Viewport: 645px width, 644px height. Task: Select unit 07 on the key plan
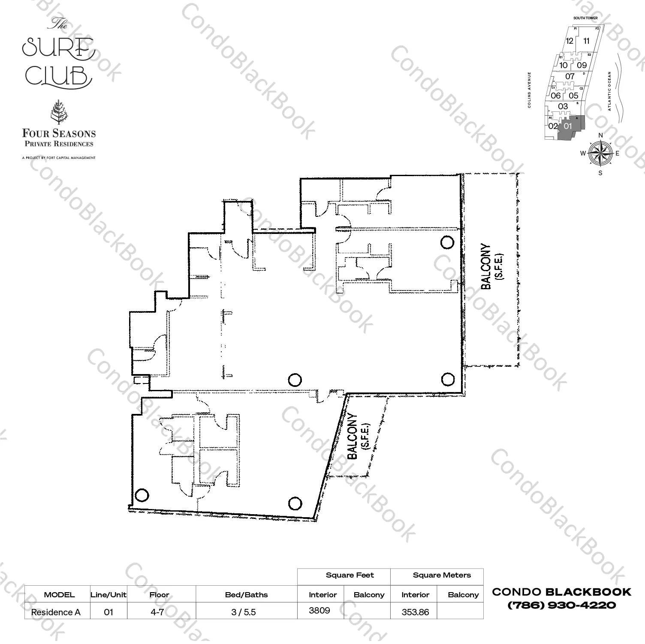(570, 77)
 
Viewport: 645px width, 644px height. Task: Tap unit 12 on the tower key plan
(569, 41)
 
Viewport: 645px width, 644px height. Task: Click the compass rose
(600, 153)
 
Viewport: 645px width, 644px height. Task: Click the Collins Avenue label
(530, 90)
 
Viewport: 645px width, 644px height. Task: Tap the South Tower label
(585, 18)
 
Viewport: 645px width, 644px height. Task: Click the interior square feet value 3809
(319, 611)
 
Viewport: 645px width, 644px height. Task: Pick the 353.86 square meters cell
(415, 612)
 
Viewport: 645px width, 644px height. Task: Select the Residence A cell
(56, 612)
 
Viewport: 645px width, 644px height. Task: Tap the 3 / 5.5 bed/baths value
(243, 612)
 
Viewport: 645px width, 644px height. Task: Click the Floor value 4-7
(157, 612)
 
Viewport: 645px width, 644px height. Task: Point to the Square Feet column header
(350, 575)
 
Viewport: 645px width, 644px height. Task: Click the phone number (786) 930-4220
(561, 605)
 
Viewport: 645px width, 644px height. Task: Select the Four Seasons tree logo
(58, 112)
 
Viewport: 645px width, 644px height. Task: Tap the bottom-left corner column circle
(142, 495)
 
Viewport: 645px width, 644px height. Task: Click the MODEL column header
(59, 595)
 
